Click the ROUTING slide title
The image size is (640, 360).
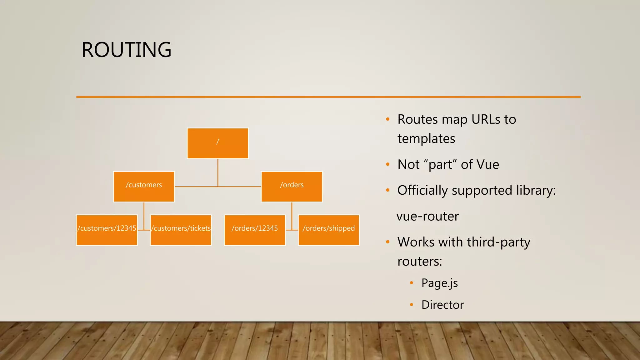click(126, 50)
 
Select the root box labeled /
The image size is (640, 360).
click(217, 143)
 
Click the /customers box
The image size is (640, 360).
click(144, 187)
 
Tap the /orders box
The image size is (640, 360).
click(292, 187)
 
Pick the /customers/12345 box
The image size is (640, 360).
click(107, 230)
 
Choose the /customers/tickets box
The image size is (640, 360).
click(181, 230)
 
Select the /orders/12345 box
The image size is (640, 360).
click(255, 230)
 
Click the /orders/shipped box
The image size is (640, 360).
click(328, 230)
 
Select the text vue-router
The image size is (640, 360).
click(427, 216)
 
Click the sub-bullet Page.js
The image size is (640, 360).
click(439, 283)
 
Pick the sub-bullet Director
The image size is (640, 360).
click(442, 305)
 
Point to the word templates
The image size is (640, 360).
click(426, 139)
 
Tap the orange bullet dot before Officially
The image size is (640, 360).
click(388, 190)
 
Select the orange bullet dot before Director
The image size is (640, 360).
click(412, 305)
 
